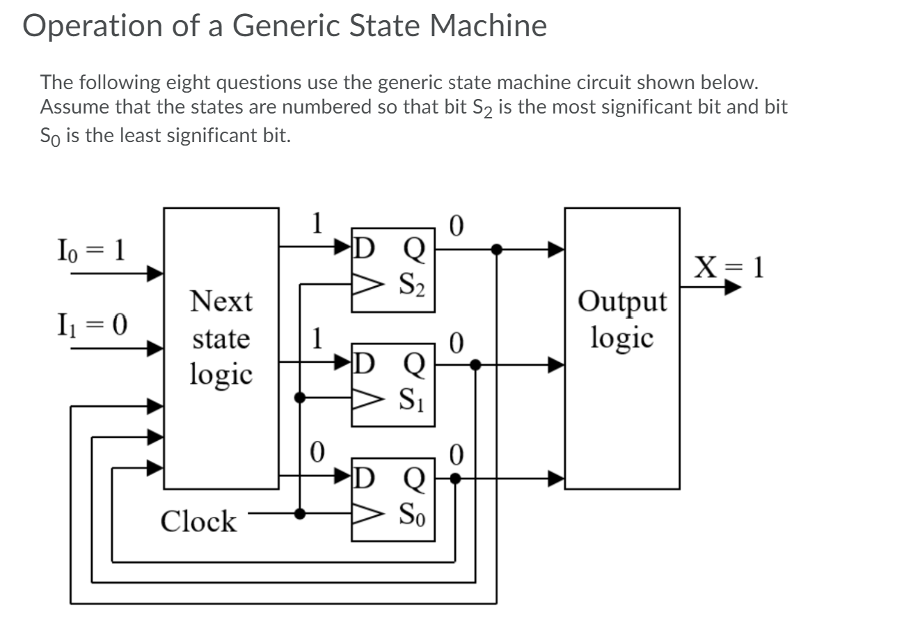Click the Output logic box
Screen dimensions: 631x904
point(621,348)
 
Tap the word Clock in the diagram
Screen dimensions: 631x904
point(198,522)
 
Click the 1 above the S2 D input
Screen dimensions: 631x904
point(317,224)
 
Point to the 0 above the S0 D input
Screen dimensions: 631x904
point(317,453)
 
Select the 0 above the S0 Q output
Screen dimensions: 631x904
point(457,455)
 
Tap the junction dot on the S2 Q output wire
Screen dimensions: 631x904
point(496,249)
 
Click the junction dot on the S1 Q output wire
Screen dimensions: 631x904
point(475,364)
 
